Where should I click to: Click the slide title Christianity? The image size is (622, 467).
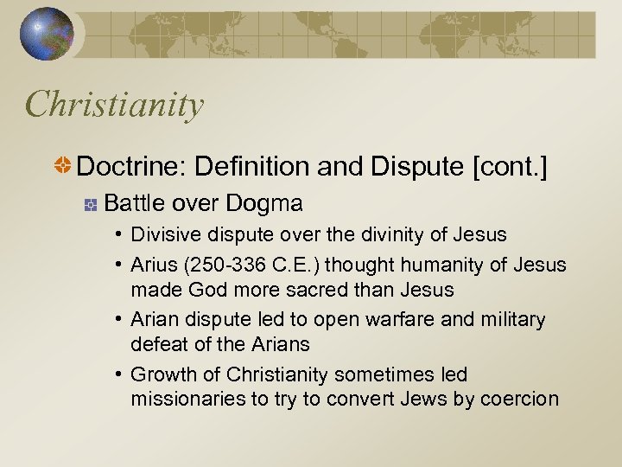(115, 105)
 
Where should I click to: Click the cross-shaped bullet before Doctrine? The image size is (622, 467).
(63, 167)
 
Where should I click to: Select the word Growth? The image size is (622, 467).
(162, 374)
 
